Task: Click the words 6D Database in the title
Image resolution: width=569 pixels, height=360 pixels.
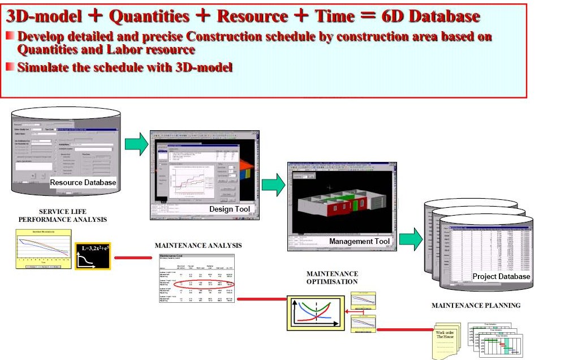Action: point(431,16)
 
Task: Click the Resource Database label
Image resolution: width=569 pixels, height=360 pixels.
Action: point(83,182)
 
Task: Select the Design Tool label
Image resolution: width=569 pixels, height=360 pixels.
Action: point(230,209)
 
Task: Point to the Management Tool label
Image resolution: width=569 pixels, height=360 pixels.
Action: point(360,242)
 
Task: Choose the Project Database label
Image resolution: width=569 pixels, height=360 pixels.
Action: point(502,276)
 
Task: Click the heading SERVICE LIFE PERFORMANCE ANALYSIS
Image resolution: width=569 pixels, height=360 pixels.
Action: point(63,215)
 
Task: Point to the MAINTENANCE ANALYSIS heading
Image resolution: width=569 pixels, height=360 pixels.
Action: point(198,246)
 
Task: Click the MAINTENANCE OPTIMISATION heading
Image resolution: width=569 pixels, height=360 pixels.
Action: point(332,277)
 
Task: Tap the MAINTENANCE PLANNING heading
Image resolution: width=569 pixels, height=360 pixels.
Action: point(476,306)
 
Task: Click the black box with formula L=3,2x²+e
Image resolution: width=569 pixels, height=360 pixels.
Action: point(92,258)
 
